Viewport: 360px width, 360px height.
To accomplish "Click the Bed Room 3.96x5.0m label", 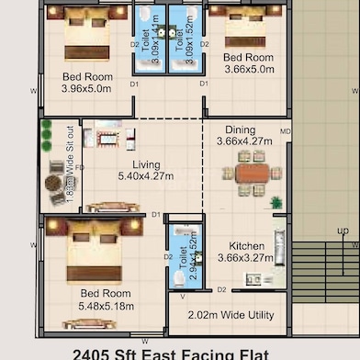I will tap(86, 83).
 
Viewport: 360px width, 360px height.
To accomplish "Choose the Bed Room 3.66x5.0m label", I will tap(248, 62).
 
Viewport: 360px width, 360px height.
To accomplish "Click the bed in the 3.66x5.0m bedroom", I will tap(244, 28).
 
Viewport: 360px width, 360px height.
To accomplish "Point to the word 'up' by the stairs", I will tap(343, 231).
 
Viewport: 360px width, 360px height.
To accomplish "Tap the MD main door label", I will tap(285, 131).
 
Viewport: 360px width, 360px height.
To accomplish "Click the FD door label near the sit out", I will tap(80, 168).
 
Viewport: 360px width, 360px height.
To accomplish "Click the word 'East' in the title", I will tap(176, 354).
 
